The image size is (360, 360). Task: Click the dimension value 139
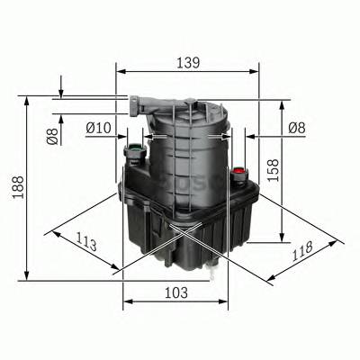click(187, 62)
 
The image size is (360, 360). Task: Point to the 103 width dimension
click(176, 292)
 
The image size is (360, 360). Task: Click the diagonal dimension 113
click(87, 243)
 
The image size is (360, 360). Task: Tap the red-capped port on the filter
click(238, 171)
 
